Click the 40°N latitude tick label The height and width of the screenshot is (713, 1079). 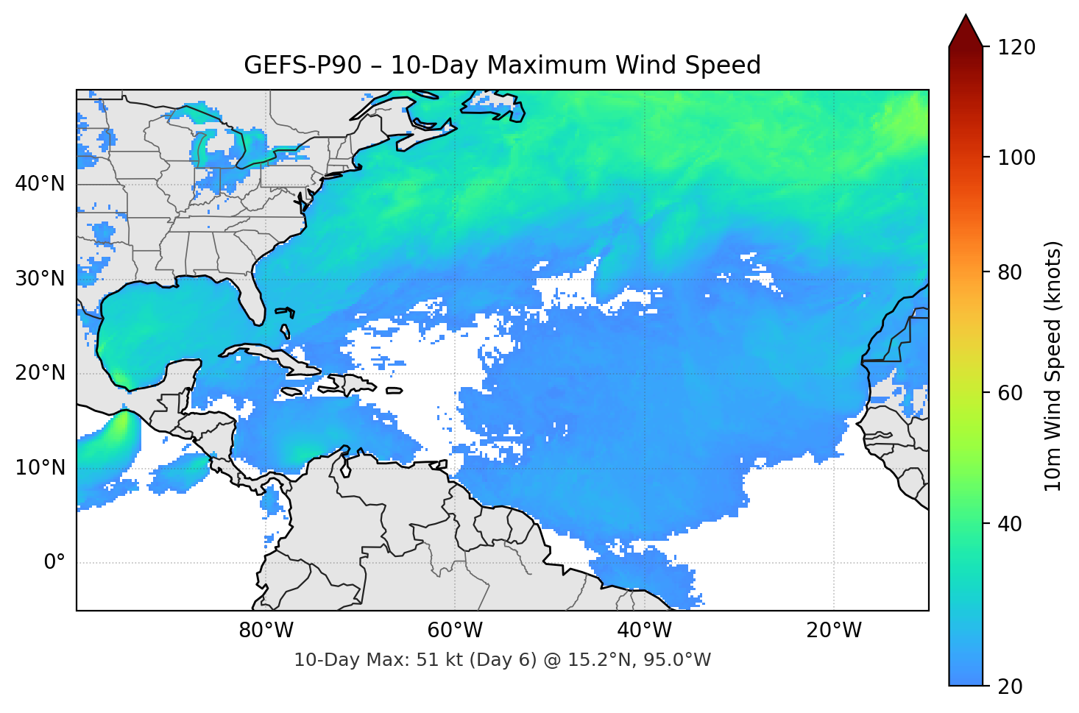40,184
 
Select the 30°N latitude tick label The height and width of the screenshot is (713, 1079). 40,279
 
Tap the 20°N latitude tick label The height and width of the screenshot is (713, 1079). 40,373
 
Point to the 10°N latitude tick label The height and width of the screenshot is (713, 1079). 40,468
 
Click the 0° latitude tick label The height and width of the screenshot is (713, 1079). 54,563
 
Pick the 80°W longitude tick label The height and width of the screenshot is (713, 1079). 266,631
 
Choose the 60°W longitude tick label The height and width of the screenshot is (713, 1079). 455,631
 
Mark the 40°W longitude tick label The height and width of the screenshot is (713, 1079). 644,631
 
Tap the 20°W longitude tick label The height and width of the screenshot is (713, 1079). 833,631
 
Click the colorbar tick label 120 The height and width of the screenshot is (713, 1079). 1016,48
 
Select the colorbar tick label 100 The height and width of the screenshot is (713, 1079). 1016,157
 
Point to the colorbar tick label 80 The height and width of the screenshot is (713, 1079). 1011,272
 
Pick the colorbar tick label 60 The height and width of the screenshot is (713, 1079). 1011,393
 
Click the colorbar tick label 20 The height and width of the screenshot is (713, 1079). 1011,687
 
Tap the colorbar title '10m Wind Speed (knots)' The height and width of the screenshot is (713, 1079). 1053,366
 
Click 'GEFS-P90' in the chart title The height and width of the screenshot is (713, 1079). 303,65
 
